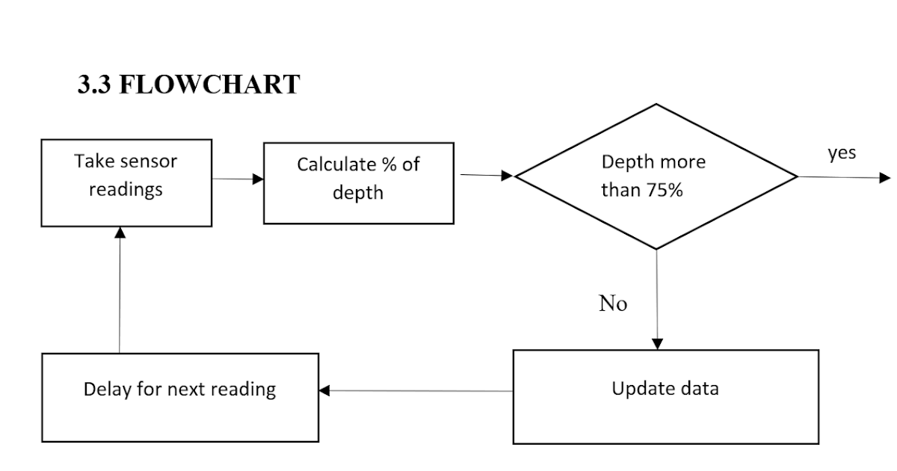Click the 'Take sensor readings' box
point(126,183)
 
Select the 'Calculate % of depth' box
point(358,183)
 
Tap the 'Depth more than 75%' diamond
point(656,176)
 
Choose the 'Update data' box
point(665,396)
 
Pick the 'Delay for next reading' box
point(179,396)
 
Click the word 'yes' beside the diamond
point(842,153)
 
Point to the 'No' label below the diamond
point(613,304)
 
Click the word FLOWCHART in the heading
point(209,84)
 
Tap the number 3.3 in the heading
point(95,84)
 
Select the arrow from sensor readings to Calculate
point(238,179)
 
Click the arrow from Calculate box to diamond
point(486,176)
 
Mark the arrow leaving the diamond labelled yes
point(845,178)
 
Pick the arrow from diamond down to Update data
point(657,299)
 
